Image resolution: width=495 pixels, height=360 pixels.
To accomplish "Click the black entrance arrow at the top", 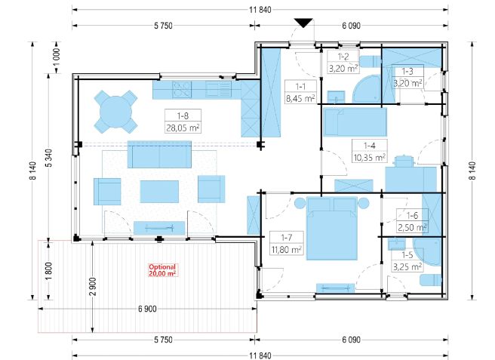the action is pyautogui.click(x=303, y=23).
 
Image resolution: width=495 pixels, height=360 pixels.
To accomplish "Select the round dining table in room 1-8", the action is pyautogui.click(x=116, y=112).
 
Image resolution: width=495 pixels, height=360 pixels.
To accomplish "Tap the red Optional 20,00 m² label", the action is pyautogui.click(x=162, y=270).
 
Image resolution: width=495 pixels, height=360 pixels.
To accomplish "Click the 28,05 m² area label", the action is pyautogui.click(x=183, y=128).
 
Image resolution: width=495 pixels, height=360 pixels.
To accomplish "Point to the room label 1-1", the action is pyautogui.click(x=300, y=86).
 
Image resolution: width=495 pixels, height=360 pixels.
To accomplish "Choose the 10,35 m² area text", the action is pyautogui.click(x=369, y=157).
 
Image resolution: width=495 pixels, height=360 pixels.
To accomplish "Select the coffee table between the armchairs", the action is pyautogui.click(x=159, y=192).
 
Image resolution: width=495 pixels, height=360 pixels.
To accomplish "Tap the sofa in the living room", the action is pyautogui.click(x=159, y=154).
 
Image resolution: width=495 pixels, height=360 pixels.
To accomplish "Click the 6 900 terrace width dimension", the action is pyautogui.click(x=147, y=309).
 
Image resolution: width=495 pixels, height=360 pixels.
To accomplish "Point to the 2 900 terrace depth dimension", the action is pyautogui.click(x=93, y=287).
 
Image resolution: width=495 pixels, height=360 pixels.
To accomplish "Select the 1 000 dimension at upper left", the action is pyautogui.click(x=57, y=57).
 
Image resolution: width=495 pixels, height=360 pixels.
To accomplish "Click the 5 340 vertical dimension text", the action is pyautogui.click(x=49, y=158).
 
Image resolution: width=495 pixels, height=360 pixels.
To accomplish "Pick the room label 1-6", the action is pyautogui.click(x=412, y=215).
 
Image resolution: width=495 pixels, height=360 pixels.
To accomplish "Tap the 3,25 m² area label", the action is pyautogui.click(x=407, y=267).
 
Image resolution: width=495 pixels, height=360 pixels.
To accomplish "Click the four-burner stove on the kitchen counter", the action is pyautogui.click(x=182, y=89).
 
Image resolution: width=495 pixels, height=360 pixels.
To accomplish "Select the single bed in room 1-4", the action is pyautogui.click(x=355, y=122).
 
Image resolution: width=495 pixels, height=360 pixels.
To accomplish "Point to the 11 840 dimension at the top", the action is pyautogui.click(x=260, y=10).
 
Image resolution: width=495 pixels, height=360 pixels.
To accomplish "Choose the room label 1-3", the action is pyautogui.click(x=407, y=72).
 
